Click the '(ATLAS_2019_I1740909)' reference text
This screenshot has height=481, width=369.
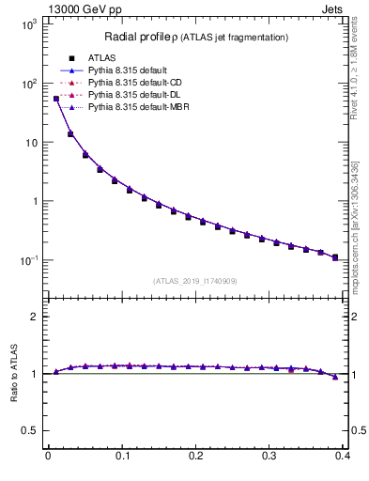pos(195,281)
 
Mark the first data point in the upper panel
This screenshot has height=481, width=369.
pos(55,98)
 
